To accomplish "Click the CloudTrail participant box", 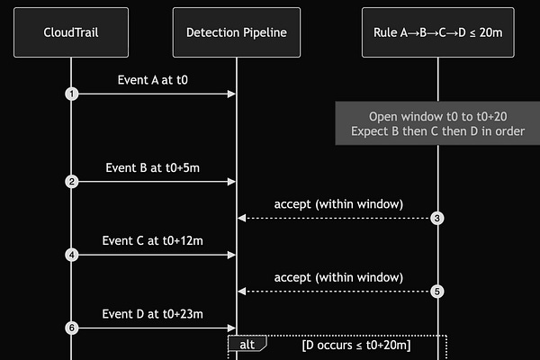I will click(x=70, y=32).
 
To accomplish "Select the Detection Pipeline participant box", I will click(x=236, y=32).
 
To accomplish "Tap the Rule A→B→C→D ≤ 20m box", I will click(x=437, y=32).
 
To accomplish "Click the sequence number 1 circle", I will click(x=70, y=94).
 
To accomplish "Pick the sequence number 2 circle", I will click(x=70, y=182).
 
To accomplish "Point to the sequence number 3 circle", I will click(x=437, y=218).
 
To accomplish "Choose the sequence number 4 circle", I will click(x=70, y=255).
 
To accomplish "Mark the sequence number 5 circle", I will click(x=437, y=291).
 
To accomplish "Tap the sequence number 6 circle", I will click(x=70, y=328).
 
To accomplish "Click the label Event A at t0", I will click(x=153, y=79).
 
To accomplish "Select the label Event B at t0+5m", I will click(x=153, y=167).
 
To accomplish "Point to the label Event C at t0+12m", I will click(x=153, y=240).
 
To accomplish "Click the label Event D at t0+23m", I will click(x=153, y=313).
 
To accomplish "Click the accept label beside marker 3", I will click(x=338, y=203).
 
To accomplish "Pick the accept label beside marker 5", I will click(x=338, y=276).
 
